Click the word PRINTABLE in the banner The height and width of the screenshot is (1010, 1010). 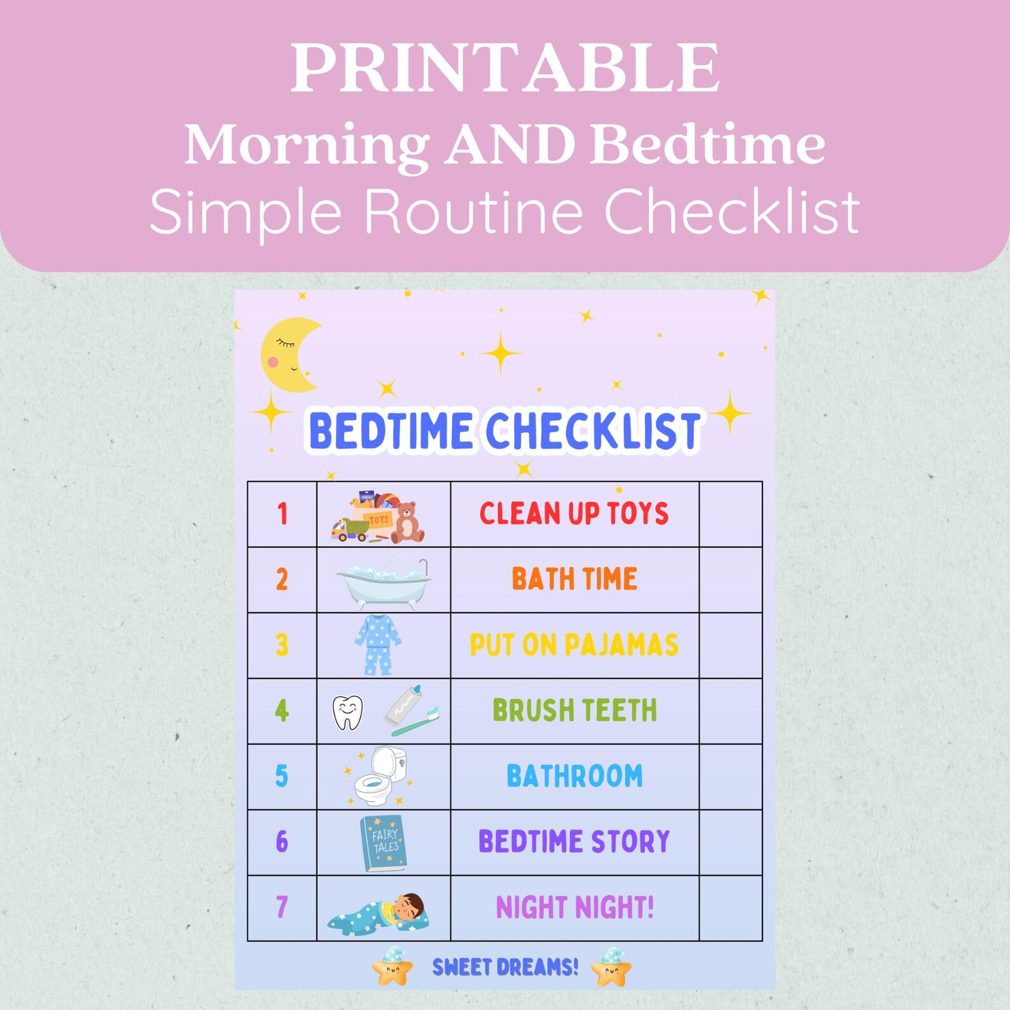505,68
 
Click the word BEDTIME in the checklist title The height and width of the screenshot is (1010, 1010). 390,431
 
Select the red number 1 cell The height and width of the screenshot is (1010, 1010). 282,514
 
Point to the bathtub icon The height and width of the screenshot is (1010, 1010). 384,580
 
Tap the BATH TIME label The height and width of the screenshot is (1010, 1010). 574,579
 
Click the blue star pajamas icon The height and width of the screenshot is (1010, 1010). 378,645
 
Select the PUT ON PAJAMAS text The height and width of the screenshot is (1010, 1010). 574,645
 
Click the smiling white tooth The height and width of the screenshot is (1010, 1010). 348,712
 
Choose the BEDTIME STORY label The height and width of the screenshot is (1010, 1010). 574,841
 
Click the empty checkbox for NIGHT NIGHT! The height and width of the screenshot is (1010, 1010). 730,908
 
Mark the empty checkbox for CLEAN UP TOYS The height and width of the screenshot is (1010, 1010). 730,514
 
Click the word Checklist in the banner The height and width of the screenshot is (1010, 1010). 731,211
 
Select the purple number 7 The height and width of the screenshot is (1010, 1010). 282,907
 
